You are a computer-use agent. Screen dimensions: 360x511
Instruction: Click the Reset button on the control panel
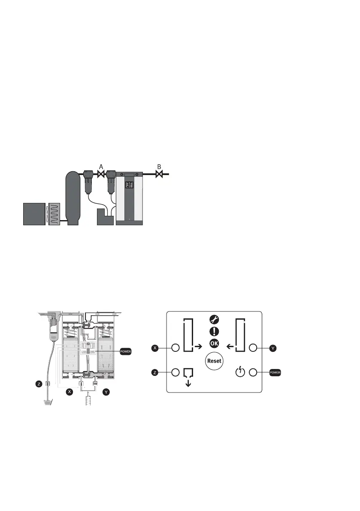(x=214, y=361)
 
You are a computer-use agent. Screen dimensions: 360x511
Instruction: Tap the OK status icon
(x=214, y=344)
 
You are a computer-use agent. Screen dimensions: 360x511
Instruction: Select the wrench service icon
(x=214, y=320)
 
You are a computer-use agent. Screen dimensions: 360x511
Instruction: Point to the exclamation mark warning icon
(x=214, y=331)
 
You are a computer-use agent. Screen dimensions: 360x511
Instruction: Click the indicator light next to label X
(x=175, y=348)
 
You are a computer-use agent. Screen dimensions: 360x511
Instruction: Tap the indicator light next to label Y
(x=253, y=348)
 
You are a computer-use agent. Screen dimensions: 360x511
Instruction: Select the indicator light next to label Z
(x=175, y=372)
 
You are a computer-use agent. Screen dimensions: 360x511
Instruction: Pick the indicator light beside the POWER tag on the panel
(x=253, y=372)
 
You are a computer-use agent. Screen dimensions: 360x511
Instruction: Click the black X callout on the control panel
(x=155, y=348)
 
